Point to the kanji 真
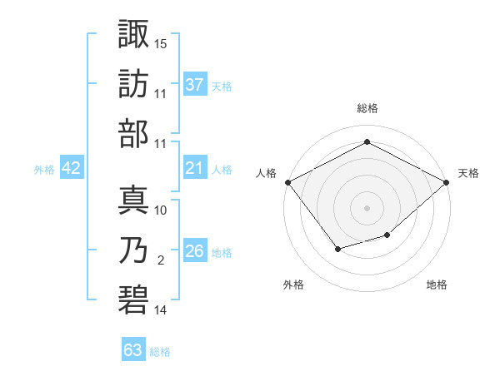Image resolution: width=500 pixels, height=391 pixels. pyautogui.click(x=133, y=200)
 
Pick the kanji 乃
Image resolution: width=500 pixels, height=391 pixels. pyautogui.click(x=133, y=250)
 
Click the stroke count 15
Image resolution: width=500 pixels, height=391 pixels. pyautogui.click(x=161, y=42)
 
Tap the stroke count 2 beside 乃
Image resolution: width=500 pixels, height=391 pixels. pyautogui.click(x=161, y=260)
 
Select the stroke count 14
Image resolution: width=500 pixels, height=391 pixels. pyautogui.click(x=161, y=310)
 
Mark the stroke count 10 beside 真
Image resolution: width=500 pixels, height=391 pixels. pyautogui.click(x=161, y=210)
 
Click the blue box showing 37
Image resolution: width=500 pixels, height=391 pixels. pyautogui.click(x=195, y=84)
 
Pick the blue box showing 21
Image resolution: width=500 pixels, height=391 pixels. pyautogui.click(x=195, y=168)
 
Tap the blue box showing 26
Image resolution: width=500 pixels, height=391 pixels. pyautogui.click(x=195, y=251)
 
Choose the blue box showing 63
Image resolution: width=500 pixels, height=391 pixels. pyautogui.click(x=133, y=350)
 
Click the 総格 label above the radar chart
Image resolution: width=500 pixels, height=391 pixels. pyautogui.click(x=367, y=109)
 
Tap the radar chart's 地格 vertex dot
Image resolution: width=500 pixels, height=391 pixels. pyautogui.click(x=387, y=235)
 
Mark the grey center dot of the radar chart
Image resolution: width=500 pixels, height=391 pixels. pyautogui.click(x=367, y=207)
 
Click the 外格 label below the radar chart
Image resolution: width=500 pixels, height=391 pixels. pyautogui.click(x=293, y=285)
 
